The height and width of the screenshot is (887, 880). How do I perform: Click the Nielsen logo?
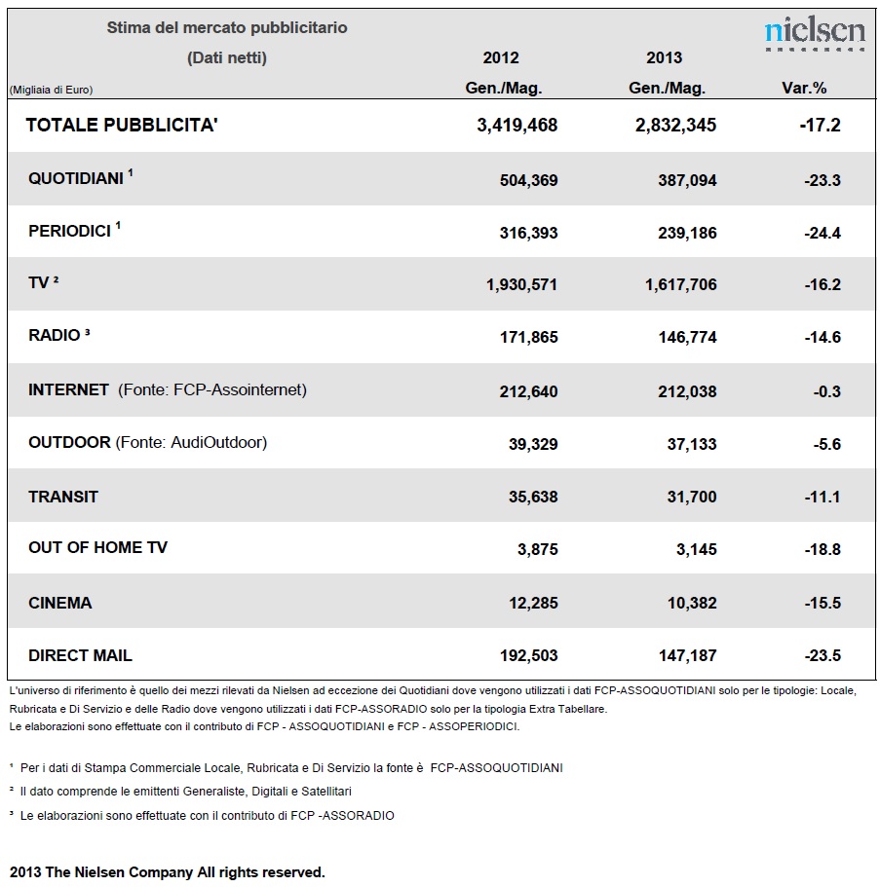point(815,34)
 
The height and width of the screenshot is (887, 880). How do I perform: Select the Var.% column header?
point(804,89)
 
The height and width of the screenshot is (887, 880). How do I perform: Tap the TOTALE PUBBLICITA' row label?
point(122,125)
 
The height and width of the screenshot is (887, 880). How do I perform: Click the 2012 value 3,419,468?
point(517,125)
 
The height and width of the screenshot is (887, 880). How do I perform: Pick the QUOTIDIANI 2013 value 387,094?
point(687,180)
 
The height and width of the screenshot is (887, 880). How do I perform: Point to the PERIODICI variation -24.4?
point(823,233)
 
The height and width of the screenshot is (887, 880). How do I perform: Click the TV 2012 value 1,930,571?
point(521,284)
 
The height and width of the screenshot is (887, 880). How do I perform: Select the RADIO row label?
point(55,336)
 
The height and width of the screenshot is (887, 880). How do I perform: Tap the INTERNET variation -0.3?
point(826,391)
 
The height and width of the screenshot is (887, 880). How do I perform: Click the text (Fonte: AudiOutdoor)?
point(191,442)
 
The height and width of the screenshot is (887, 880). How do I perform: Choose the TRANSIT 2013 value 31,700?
point(692,497)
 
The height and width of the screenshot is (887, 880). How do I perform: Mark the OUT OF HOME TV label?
point(98,547)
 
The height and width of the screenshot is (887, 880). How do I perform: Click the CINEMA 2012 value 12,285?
point(533,603)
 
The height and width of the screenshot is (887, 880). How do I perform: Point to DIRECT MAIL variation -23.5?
point(823,655)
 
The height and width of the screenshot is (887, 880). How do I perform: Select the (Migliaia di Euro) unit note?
point(51,90)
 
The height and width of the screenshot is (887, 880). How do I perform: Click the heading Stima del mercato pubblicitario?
point(227,27)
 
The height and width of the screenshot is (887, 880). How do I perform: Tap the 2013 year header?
point(665,57)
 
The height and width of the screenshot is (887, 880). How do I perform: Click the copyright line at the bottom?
point(168,872)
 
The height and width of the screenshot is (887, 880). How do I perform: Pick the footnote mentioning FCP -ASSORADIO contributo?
point(202,816)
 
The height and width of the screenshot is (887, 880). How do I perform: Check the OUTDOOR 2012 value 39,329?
point(533,444)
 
